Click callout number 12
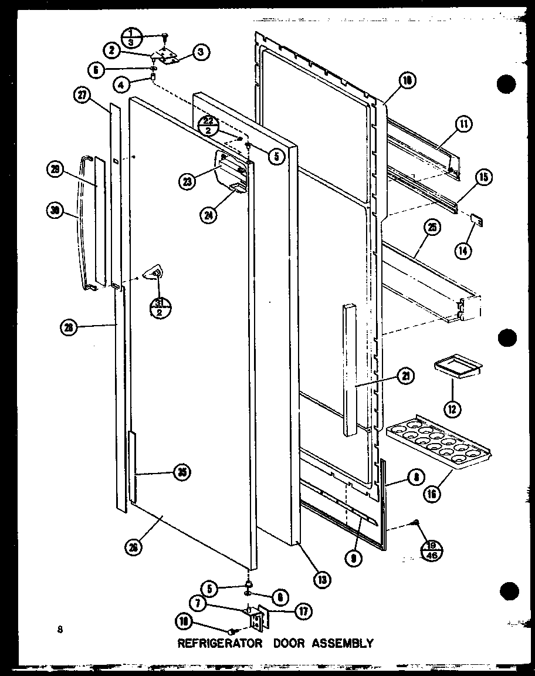tap(452, 408)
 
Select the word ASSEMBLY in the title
tap(343, 643)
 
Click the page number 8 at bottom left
tap(59, 630)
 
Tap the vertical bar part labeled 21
tap(350, 370)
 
